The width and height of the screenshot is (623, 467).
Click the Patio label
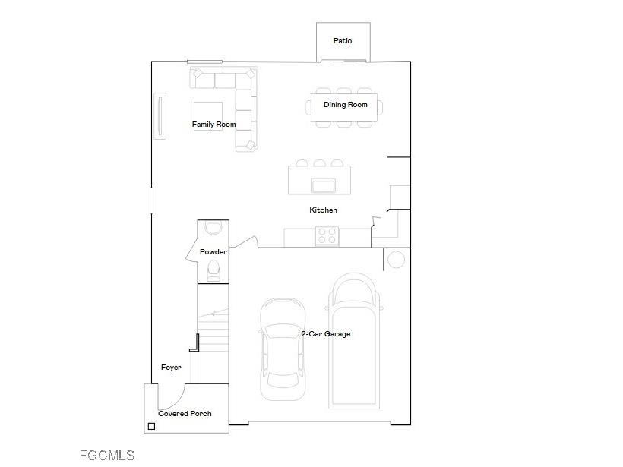coord(343,41)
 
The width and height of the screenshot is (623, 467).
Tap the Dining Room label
coord(346,105)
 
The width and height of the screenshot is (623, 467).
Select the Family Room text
coord(213,125)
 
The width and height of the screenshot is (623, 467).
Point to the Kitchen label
coord(323,210)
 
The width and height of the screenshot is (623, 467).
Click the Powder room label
coord(213,252)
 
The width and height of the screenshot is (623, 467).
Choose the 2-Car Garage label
coord(326,334)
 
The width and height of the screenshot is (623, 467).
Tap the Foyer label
coord(171,368)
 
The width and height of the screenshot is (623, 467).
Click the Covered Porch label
coord(185,414)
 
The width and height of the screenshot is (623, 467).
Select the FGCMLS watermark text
coord(107,456)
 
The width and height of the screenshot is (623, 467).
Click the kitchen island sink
coord(324,186)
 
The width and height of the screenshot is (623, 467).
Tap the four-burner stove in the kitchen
coord(327,236)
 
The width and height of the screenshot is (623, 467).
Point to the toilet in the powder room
coord(213,270)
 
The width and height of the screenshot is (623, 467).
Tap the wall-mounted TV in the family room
coord(160,115)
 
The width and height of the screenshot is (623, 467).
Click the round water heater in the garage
coord(397,260)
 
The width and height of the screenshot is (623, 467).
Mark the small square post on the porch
coord(151,427)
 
